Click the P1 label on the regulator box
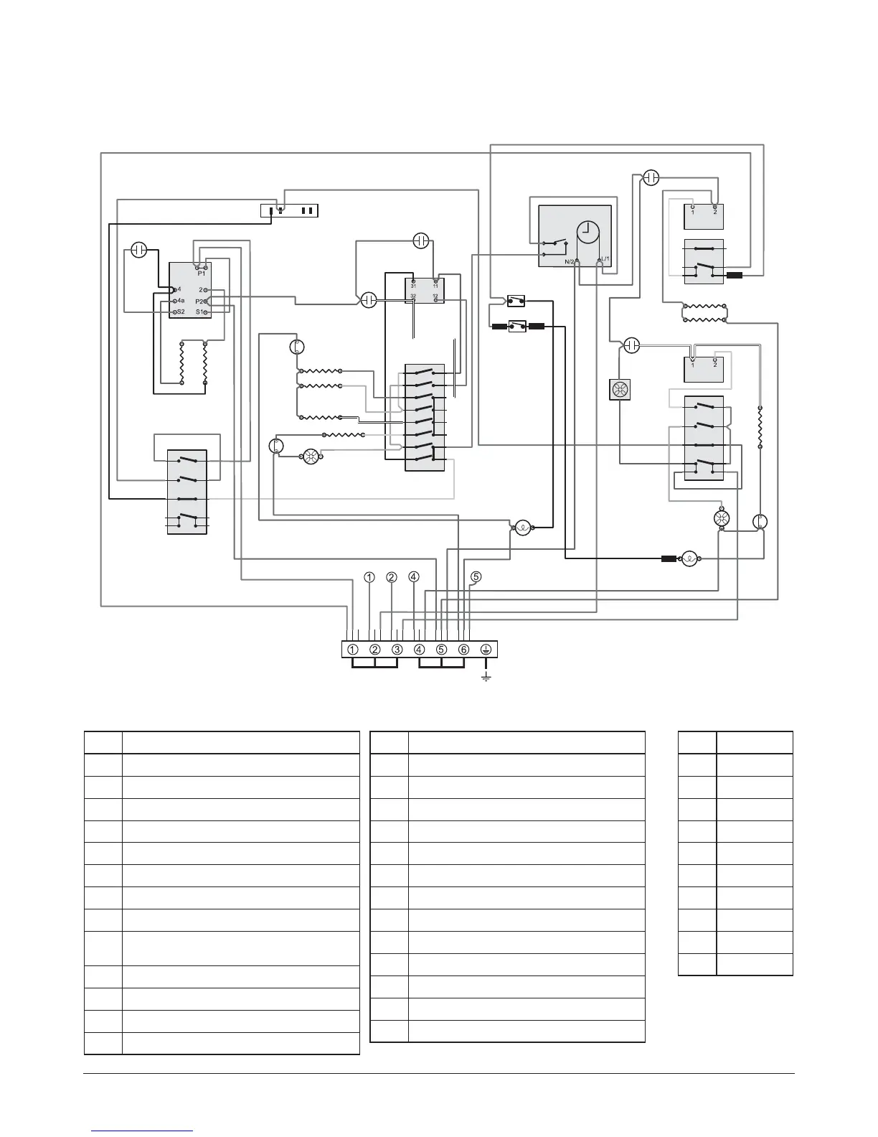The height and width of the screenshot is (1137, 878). tap(202, 273)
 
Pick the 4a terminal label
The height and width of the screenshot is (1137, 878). tap(181, 300)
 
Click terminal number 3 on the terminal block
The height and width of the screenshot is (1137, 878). tap(397, 650)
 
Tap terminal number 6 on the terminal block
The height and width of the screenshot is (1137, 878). tap(463, 650)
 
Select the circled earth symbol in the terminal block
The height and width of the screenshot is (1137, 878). tap(486, 650)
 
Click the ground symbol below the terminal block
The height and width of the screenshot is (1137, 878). tap(486, 677)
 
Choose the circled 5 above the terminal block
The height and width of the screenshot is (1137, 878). tap(476, 576)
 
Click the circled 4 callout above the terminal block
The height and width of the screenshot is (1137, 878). tap(413, 576)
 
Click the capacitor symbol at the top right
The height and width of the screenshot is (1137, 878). tap(651, 177)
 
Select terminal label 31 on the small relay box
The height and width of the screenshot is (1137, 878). tap(414, 286)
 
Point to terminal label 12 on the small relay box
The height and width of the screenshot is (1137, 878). tap(435, 296)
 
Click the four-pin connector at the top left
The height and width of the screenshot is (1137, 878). tap(288, 210)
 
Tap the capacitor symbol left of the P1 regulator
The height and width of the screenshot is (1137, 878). tap(140, 251)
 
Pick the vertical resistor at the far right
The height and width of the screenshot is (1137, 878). tap(760, 427)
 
